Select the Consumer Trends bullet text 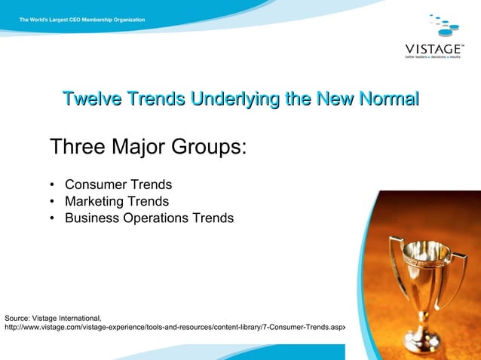[x=118, y=185]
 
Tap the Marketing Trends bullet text [x=117, y=201]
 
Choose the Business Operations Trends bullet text [x=149, y=218]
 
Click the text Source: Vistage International [x=53, y=318]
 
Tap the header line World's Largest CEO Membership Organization [x=83, y=19]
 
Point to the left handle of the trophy [x=393, y=260]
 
